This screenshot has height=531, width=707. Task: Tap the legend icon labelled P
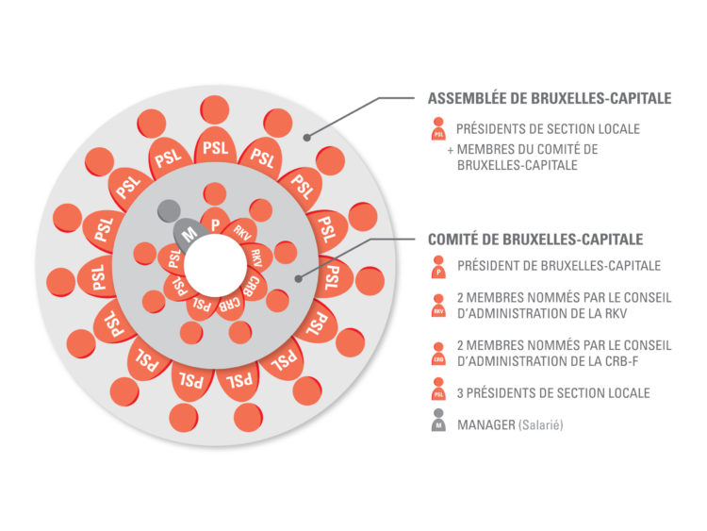coord(438,269)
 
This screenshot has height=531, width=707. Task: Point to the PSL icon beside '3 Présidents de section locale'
coord(438,391)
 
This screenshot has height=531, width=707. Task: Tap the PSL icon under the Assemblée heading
coord(438,128)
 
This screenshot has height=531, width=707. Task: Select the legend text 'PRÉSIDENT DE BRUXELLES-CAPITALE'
coord(556,267)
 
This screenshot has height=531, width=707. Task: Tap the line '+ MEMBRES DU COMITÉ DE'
coord(523,148)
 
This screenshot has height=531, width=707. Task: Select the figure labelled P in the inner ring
coord(216,223)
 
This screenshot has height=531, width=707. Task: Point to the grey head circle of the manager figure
coord(168,207)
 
